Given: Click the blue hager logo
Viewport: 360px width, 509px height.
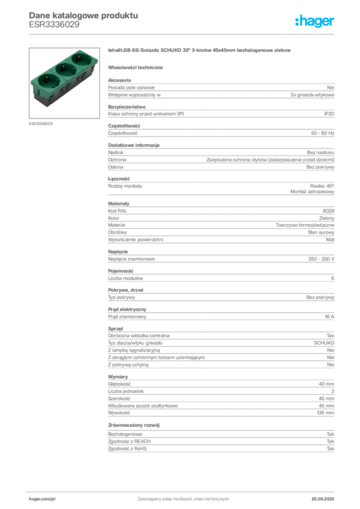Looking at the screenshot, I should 315,22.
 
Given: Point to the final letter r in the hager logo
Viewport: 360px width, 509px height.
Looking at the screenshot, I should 334,22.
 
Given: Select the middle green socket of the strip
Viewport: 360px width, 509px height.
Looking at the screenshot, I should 65,70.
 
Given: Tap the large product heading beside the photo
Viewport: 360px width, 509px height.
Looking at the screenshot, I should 199,51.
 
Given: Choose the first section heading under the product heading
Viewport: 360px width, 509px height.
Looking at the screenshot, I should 137,67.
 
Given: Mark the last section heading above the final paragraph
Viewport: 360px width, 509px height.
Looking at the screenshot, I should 135,425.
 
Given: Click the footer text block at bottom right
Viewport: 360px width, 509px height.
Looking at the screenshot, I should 326,496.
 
